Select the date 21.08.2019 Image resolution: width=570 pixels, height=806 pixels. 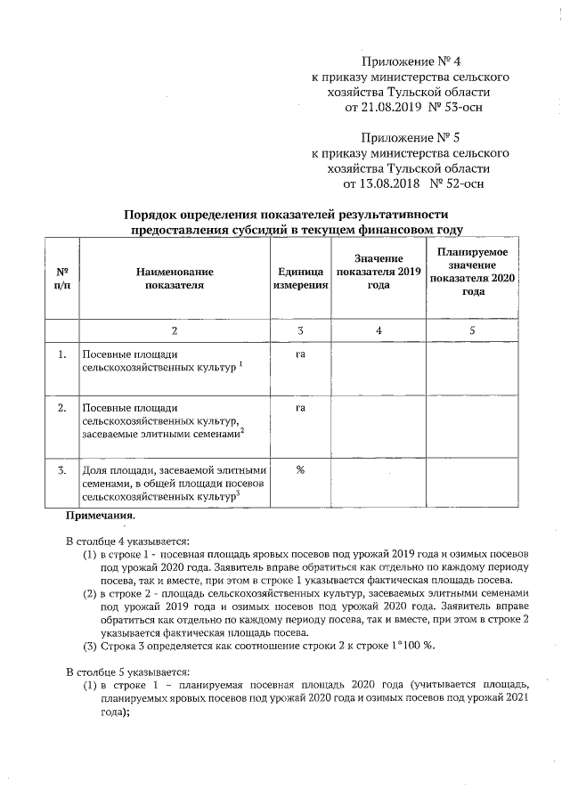coord(383,108)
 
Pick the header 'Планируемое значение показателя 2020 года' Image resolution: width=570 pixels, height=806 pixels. coord(473,272)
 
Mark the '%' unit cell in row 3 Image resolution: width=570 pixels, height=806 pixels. coord(300,470)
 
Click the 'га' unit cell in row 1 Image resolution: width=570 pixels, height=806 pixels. coord(300,354)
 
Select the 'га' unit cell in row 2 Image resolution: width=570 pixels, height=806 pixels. coord(300,408)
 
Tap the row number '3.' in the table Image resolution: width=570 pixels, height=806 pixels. coord(62,470)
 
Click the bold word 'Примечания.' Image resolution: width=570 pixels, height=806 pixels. coord(99,516)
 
